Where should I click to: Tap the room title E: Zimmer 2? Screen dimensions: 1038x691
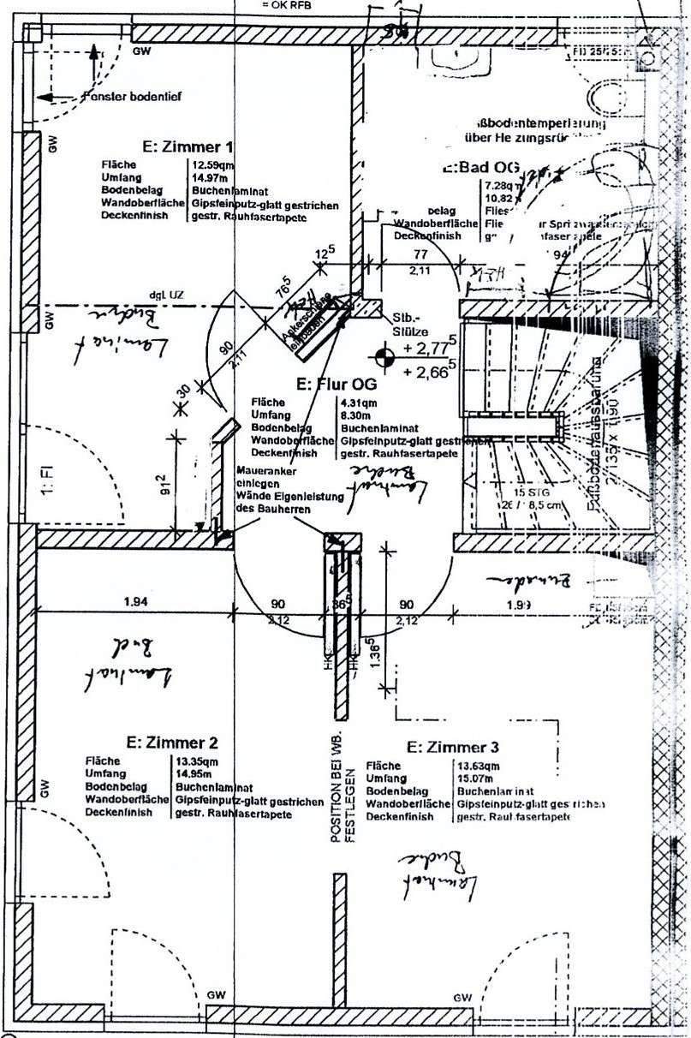172,742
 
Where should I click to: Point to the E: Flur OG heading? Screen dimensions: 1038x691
337,383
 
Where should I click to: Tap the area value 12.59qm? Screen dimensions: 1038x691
213,165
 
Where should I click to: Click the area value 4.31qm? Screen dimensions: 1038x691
359,402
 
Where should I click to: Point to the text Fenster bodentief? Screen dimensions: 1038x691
134,97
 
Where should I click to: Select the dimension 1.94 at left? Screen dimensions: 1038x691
134,602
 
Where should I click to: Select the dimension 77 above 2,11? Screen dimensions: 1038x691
420,254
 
